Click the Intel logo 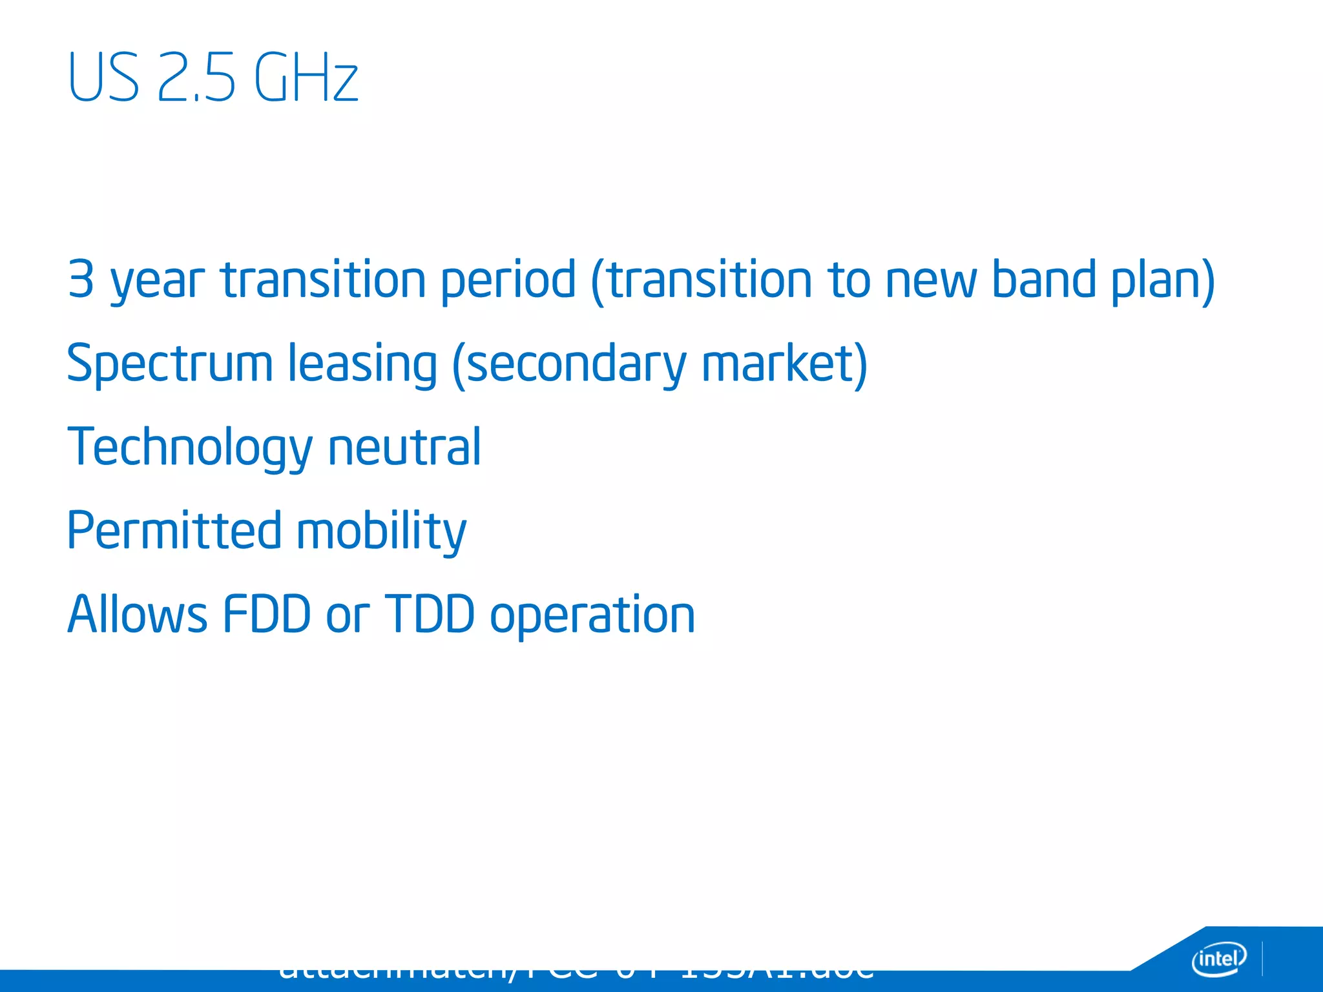[1218, 958]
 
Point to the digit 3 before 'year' [81, 279]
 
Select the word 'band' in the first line [1044, 279]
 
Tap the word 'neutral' [404, 447]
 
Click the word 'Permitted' [174, 531]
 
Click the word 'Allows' [138, 614]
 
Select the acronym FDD [267, 614]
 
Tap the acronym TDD [430, 614]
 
